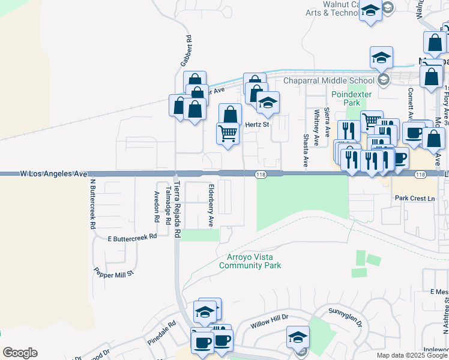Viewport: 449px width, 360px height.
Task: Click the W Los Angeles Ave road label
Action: point(53,173)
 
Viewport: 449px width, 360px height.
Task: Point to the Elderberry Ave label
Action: point(211,205)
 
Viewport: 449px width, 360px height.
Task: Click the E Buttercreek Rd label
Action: point(132,237)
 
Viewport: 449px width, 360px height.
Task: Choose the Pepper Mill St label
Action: point(113,273)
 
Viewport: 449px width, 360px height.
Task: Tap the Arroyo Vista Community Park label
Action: point(250,260)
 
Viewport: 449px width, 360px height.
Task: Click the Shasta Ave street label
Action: point(306,149)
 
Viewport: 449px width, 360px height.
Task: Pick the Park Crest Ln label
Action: point(414,198)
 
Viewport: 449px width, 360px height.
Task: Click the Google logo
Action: point(20,353)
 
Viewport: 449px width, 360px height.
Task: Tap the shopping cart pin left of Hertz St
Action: point(228,133)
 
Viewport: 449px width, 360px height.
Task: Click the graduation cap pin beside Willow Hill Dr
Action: point(297,337)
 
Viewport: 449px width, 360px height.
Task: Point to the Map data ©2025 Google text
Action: point(412,355)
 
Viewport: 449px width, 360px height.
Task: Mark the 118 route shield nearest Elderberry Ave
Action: point(260,174)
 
